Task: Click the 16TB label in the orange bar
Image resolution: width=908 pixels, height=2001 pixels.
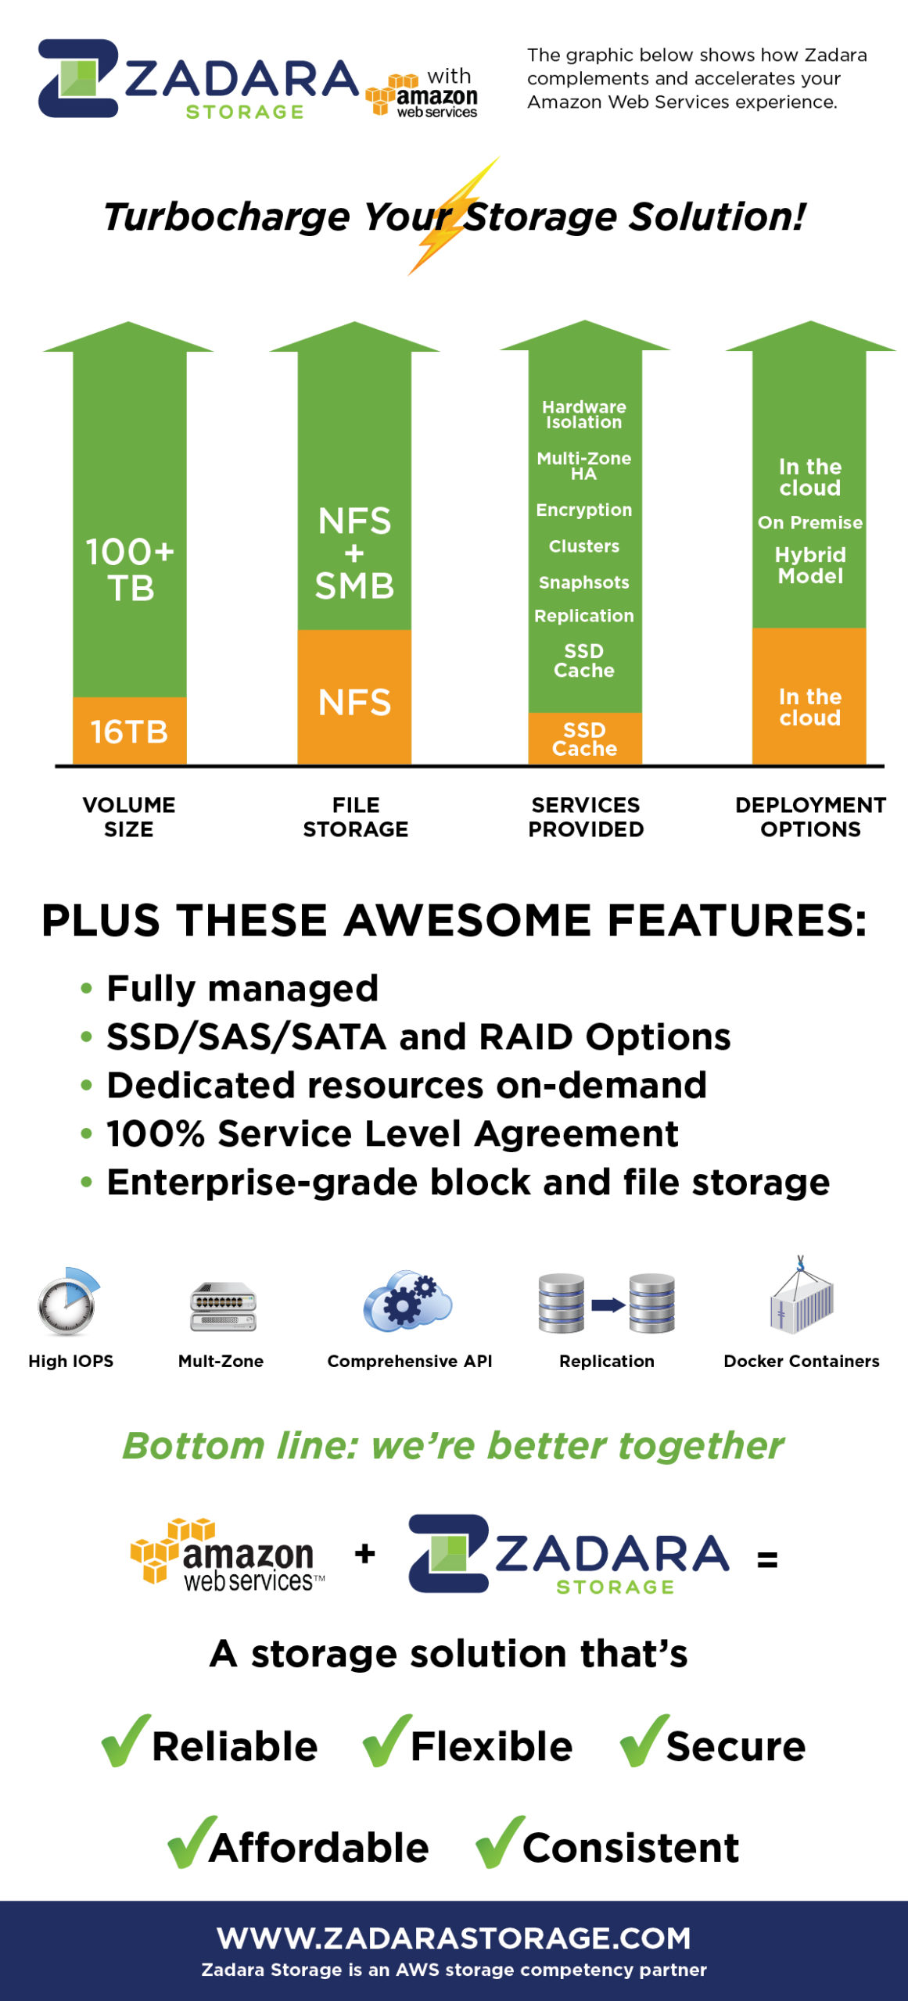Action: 129,732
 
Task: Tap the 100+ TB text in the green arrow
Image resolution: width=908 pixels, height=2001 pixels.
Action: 130,570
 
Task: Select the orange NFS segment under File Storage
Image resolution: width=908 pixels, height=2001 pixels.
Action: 354,702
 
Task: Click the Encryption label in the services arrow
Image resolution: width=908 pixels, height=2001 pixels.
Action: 584,510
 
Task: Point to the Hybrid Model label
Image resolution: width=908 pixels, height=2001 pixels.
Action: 810,565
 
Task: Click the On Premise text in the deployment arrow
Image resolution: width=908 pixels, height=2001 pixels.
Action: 810,522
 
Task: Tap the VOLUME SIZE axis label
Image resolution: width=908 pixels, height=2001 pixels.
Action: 129,817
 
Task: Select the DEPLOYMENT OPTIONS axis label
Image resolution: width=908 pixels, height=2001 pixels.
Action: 810,817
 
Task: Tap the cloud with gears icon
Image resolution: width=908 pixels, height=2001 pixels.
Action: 407,1302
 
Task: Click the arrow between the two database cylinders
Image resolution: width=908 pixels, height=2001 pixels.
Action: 607,1304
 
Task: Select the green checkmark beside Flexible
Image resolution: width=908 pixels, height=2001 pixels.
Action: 386,1741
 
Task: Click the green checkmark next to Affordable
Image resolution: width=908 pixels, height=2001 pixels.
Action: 192,1842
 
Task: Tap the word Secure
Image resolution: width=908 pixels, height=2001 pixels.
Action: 735,1747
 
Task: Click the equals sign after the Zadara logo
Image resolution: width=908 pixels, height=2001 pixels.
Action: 767,1560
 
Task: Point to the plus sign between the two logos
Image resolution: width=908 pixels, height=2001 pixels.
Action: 364,1553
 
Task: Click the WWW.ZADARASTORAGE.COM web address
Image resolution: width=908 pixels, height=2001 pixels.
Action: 454,1938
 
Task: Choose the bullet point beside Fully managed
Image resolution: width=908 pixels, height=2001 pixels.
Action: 87,989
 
